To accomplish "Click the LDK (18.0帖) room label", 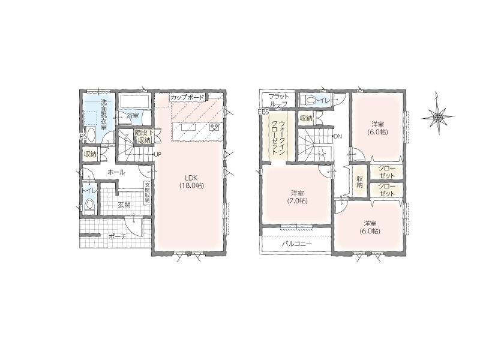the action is [x=191, y=182].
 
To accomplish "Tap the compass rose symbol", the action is [x=438, y=116].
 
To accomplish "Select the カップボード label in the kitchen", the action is [x=187, y=98].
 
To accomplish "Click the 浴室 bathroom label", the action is [x=133, y=116].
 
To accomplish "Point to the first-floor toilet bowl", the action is [x=89, y=204].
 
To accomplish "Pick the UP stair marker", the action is [x=157, y=155].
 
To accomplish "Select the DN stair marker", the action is [x=337, y=137].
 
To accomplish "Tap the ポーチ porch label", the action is [x=118, y=236].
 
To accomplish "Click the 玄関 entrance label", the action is [x=124, y=205].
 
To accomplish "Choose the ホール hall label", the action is [x=116, y=172].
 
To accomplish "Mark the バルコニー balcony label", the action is [x=296, y=244].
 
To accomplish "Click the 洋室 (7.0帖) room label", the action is [x=297, y=197].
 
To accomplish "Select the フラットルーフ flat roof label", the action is [x=278, y=100].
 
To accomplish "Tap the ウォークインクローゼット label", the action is [x=278, y=139].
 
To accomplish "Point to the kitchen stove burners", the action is [x=214, y=127].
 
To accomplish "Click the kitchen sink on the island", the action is [x=187, y=127].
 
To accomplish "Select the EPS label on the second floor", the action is [x=263, y=112].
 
